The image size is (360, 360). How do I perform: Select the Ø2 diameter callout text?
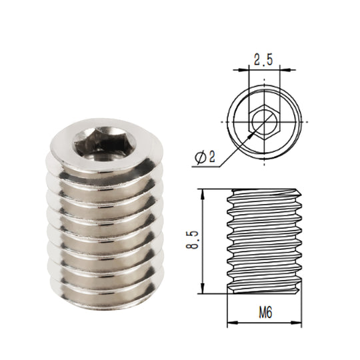point(205,157)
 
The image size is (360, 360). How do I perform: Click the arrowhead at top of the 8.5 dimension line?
point(202,193)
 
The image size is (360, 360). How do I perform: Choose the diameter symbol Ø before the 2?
point(200,157)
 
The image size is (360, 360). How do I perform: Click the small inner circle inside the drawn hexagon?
point(265,122)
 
